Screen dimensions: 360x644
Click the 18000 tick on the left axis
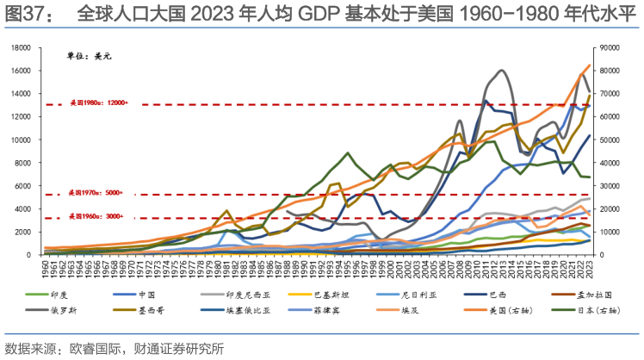[21, 47]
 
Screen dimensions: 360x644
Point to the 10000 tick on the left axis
[21, 140]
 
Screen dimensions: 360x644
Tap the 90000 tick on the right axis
[612, 47]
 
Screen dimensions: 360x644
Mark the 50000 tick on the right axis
[612, 140]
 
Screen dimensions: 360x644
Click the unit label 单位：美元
[90, 56]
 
